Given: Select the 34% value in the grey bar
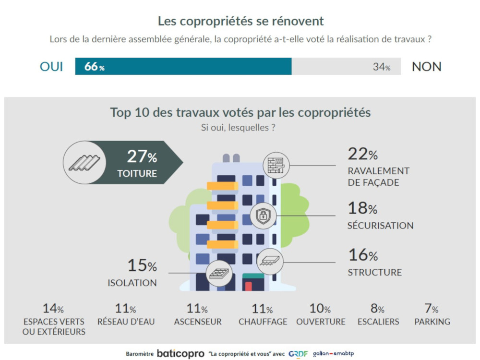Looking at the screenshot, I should (382, 67).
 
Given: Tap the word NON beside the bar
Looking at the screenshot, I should (427, 67).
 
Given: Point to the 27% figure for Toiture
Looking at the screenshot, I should (142, 156).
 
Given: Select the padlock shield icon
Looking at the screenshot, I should (263, 216).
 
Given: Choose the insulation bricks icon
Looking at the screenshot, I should (219, 274).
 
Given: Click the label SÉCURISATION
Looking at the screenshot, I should (380, 226).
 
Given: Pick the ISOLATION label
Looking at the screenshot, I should (132, 283).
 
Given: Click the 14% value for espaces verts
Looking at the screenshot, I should (53, 309).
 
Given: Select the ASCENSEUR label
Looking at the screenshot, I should (198, 322).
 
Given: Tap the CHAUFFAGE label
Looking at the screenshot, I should (263, 322).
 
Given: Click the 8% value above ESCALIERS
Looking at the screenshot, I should (377, 309).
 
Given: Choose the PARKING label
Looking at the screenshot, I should (432, 322).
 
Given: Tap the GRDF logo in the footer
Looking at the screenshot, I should (298, 354).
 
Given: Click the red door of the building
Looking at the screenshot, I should (248, 287).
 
